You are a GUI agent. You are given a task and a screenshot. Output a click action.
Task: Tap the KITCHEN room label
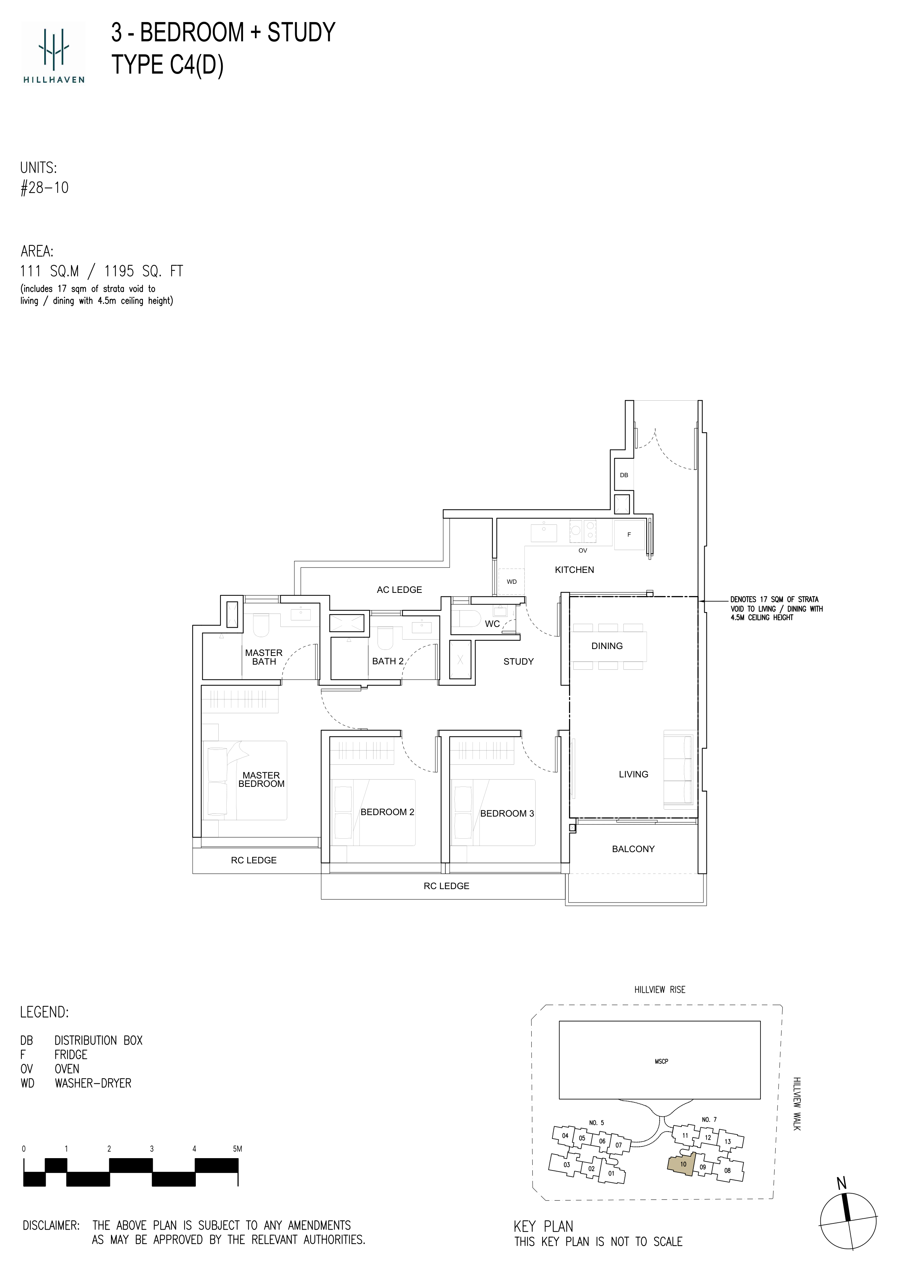(574, 570)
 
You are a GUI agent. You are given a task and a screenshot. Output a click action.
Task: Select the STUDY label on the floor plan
(519, 661)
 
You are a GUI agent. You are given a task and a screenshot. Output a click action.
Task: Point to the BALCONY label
(633, 849)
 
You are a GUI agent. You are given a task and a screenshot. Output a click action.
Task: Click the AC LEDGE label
(399, 590)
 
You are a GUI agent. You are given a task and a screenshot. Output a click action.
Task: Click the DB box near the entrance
(624, 475)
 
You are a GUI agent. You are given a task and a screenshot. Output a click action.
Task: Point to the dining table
(608, 647)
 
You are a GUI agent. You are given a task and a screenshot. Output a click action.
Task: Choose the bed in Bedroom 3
(493, 812)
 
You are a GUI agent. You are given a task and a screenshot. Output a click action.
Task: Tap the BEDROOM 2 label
(387, 812)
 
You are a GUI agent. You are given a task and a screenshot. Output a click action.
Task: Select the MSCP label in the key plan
(661, 1061)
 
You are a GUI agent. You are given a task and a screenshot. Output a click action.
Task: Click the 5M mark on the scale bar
(238, 1149)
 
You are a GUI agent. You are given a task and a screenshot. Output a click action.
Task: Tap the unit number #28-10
(44, 188)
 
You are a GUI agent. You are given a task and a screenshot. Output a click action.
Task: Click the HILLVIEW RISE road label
(660, 990)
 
